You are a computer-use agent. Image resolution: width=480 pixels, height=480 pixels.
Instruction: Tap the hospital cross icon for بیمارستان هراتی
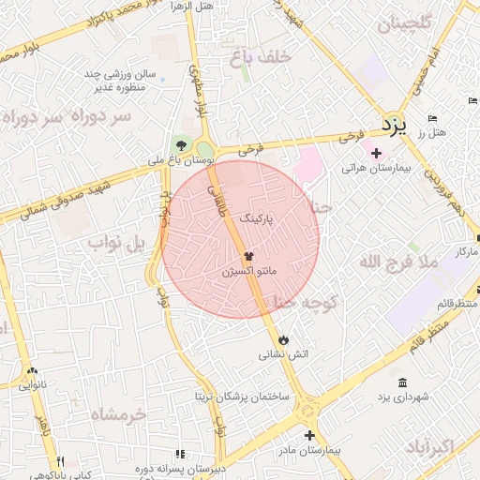click(376, 153)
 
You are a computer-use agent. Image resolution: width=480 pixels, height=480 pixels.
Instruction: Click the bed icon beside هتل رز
click(432, 118)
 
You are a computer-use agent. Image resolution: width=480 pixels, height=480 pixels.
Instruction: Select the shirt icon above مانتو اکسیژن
click(249, 255)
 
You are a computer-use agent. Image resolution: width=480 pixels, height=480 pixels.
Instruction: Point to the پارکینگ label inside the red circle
click(260, 217)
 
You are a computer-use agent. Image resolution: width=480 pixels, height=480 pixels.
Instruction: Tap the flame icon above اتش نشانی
click(283, 338)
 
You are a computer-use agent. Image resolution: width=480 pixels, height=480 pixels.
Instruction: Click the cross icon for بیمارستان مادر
click(309, 435)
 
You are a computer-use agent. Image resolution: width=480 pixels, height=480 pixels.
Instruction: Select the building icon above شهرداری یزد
click(402, 382)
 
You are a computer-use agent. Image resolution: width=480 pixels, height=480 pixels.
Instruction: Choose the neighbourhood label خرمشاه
click(120, 413)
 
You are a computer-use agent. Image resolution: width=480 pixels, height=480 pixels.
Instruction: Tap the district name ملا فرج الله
click(398, 262)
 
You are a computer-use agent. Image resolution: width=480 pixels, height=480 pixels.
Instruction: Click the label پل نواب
click(117, 244)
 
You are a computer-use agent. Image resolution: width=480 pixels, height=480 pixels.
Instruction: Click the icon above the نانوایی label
click(33, 370)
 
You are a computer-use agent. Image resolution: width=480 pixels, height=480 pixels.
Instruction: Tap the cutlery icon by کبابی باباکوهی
click(60, 461)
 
